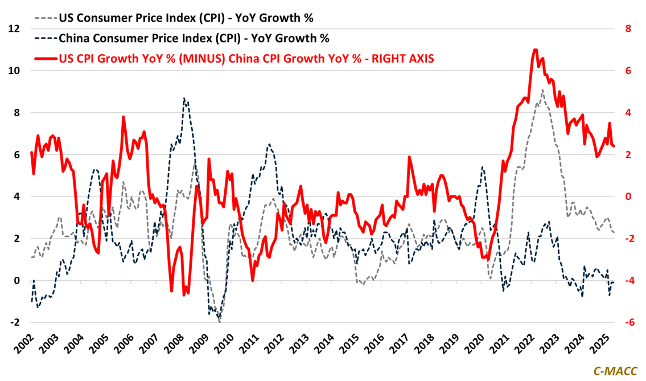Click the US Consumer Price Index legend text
186,18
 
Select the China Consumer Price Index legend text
194,38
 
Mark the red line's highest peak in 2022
535,50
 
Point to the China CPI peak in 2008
184,99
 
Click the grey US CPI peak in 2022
543,90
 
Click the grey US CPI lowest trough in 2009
220,322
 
